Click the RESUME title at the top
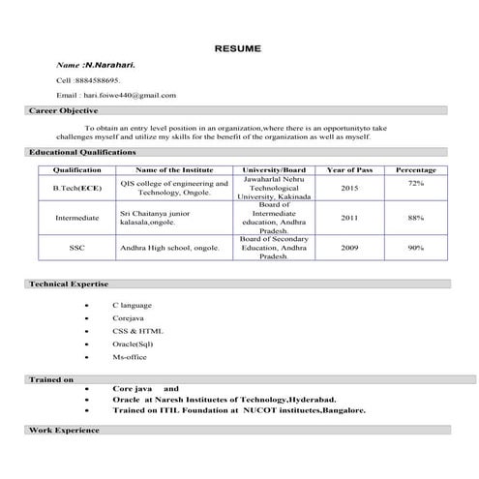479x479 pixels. [x=238, y=47]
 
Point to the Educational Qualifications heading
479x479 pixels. [x=82, y=152]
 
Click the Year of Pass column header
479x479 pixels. [x=349, y=170]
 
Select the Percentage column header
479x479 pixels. [x=416, y=170]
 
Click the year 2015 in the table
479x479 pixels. [x=349, y=188]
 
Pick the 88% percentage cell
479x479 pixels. [x=416, y=218]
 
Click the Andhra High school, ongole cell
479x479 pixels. [x=169, y=248]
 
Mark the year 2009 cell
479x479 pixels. [x=349, y=248]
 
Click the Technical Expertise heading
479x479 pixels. [x=69, y=284]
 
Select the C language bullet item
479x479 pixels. [x=132, y=306]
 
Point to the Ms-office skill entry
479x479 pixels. [x=129, y=356]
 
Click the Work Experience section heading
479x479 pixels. [x=65, y=428]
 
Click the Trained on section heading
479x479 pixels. [x=52, y=380]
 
